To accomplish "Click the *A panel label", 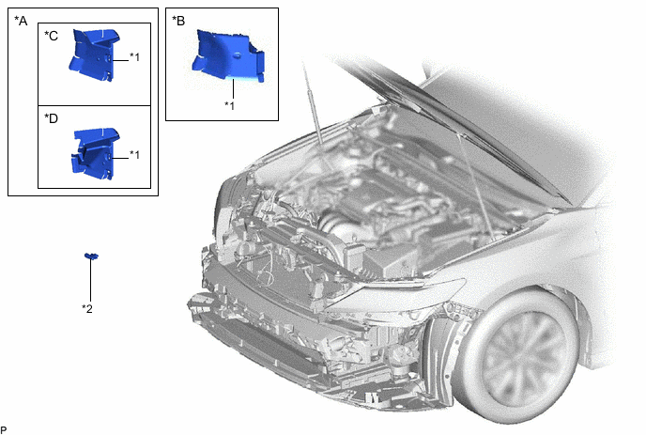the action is click(x=21, y=21).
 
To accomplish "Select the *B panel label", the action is click(x=178, y=21).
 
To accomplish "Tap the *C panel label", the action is click(x=51, y=36).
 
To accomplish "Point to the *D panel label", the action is click(x=51, y=118).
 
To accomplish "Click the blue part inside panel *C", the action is click(x=94, y=54).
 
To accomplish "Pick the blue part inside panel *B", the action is click(x=227, y=55).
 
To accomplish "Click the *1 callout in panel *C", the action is click(x=134, y=57).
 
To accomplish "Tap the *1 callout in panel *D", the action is click(x=134, y=155).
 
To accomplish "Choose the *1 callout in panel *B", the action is click(x=229, y=105).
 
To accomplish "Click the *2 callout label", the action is click(x=87, y=308).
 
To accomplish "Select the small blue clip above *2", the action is click(x=91, y=256).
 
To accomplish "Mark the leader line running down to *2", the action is click(x=91, y=280).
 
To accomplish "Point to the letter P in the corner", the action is click(x=4, y=430).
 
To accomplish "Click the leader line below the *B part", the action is click(x=233, y=88).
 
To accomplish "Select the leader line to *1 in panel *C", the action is click(x=119, y=61).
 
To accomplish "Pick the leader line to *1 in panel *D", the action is click(x=119, y=158).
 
